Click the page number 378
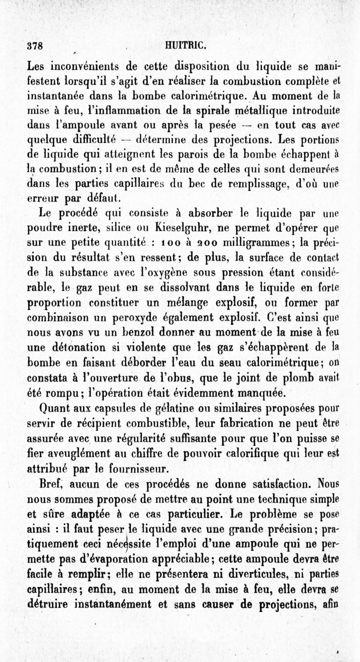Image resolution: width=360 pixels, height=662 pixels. click(35, 45)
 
